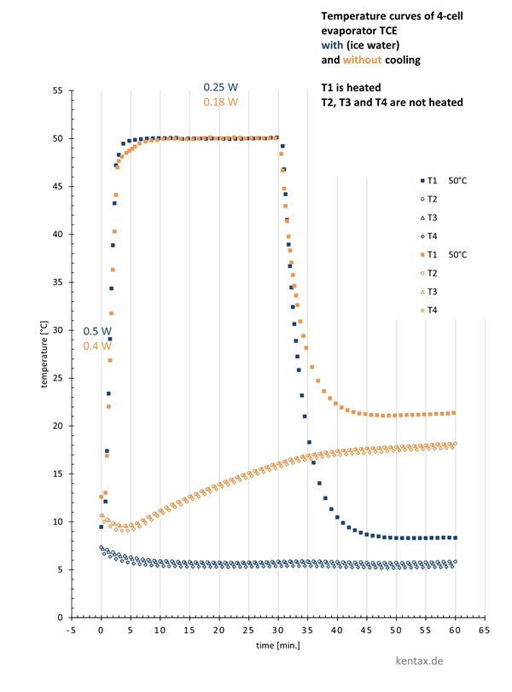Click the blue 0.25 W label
tap(220, 87)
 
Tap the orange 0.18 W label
tap(220, 102)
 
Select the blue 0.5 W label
tap(97, 331)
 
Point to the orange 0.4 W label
tap(97, 346)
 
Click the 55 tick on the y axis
tap(58, 90)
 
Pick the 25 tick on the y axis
tap(58, 378)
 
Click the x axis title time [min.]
tap(278, 645)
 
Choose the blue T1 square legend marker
tap(422, 181)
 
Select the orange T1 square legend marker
tap(422, 254)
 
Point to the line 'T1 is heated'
tap(350, 89)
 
